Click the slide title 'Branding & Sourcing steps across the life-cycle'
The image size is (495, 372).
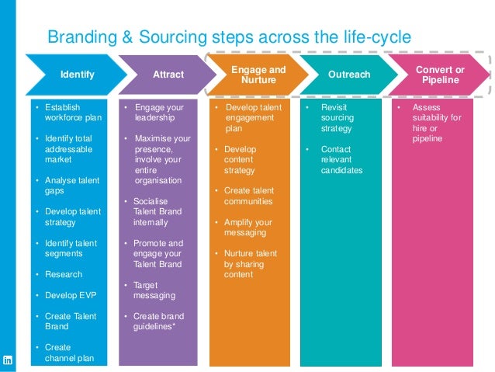coord(229,37)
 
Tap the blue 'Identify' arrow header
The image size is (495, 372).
coord(78,75)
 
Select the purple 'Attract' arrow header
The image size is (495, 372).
coord(168,75)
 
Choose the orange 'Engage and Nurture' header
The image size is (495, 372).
coord(258,75)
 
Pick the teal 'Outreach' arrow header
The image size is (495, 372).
coord(349,75)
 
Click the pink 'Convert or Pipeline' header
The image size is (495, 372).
coord(440,75)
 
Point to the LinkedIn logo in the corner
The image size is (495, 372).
coord(9,360)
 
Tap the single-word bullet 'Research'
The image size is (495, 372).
coord(64,274)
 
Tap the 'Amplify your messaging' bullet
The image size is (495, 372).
coord(249,228)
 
